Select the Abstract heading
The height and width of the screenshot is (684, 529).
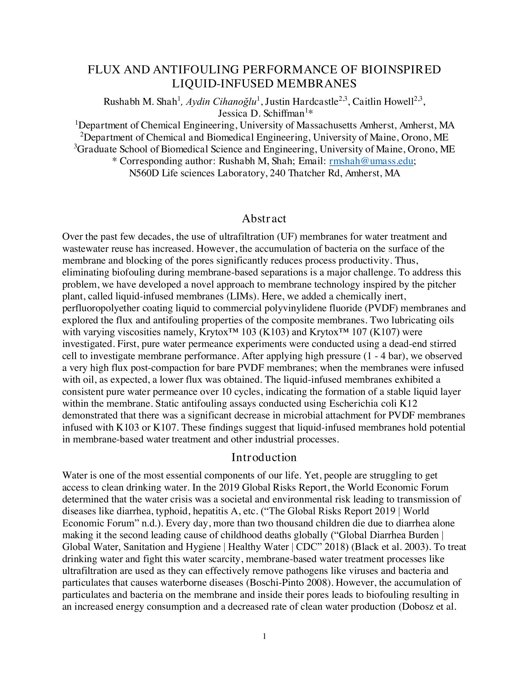[264, 219]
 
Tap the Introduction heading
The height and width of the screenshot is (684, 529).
[264, 458]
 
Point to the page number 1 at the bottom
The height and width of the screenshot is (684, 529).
[264, 636]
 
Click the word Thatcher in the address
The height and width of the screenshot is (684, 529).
[307, 173]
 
